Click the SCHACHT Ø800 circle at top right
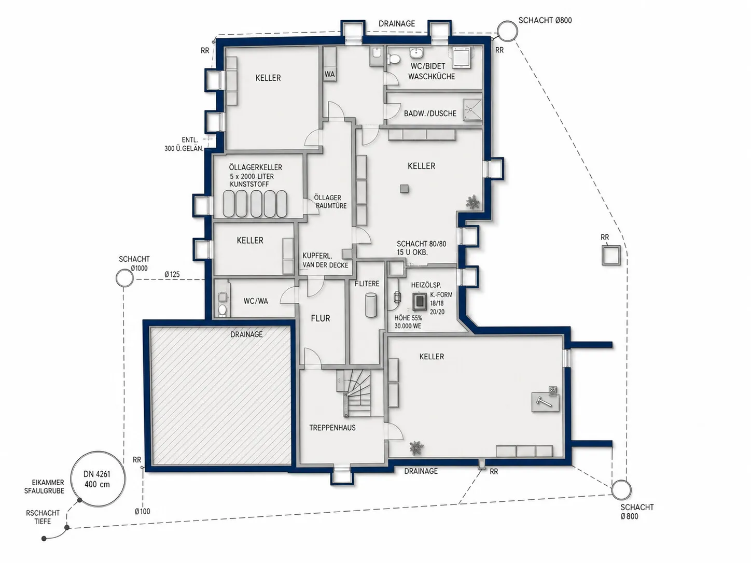tap(507, 22)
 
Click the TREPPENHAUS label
tap(332, 428)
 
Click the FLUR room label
tap(321, 318)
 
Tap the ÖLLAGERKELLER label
tap(256, 167)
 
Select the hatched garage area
tap(220, 396)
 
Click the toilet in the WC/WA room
tap(222, 310)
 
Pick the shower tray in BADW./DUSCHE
tap(472, 110)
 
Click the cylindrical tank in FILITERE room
tap(371, 305)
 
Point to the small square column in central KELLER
tap(405, 189)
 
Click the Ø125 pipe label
tap(172, 274)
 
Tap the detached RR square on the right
tap(611, 256)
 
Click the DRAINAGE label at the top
tap(397, 24)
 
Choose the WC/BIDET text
tap(428, 66)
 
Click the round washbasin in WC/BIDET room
tap(416, 53)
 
